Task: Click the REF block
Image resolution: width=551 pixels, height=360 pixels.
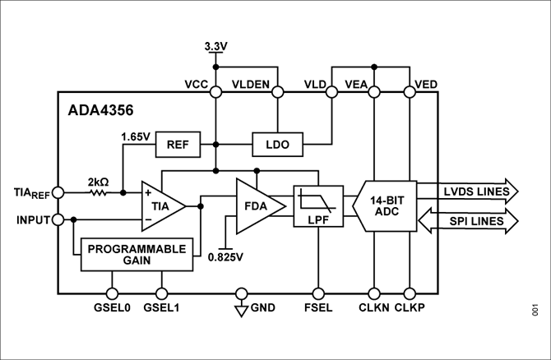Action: pos(178,144)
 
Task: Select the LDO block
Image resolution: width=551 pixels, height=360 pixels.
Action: pos(276,144)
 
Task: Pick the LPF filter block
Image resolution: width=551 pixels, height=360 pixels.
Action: pos(317,205)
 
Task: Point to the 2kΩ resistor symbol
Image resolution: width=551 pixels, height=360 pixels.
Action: pos(98,193)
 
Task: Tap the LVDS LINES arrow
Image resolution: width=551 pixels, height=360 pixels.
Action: pos(468,192)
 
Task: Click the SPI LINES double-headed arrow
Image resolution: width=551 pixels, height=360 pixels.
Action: pos(468,221)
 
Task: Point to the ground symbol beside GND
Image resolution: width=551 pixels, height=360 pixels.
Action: pos(241,309)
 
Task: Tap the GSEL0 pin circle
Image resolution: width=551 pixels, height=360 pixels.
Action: pos(112,293)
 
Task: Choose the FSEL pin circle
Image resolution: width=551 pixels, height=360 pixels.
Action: pos(317,293)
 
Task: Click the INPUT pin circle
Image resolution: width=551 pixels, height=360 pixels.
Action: pos(58,219)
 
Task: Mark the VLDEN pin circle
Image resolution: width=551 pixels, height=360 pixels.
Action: pos(278,92)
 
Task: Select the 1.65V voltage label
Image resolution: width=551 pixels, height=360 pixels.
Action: pos(135,136)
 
